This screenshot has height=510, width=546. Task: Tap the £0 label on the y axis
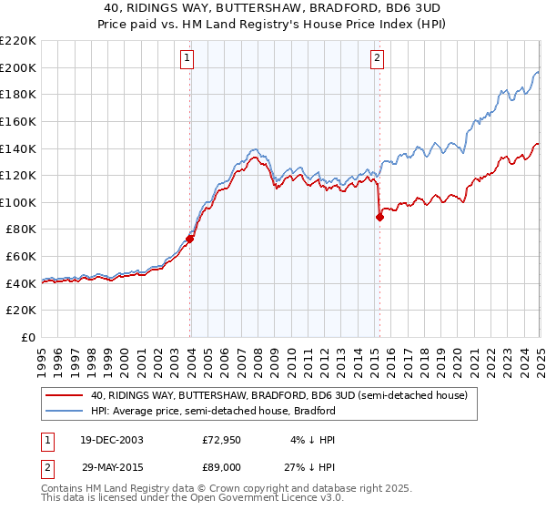tap(27, 337)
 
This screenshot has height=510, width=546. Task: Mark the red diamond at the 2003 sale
tap(190, 240)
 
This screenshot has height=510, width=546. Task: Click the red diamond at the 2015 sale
tap(379, 218)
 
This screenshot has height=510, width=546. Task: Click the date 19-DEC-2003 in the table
tap(110, 439)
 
